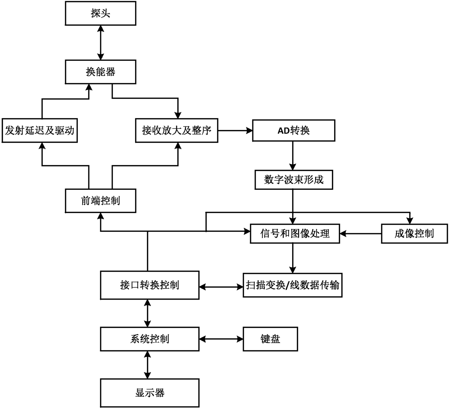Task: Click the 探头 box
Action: [x=100, y=14]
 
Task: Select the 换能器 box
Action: [x=100, y=72]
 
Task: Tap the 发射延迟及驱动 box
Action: [x=39, y=130]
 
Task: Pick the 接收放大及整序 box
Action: [x=177, y=130]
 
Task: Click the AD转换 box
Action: [x=293, y=130]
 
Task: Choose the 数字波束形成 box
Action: [x=293, y=180]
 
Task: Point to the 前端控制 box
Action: [x=100, y=200]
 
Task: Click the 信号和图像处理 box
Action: [x=295, y=233]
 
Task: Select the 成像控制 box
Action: [x=414, y=233]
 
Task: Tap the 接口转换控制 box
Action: [x=150, y=285]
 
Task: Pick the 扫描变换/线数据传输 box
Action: [x=293, y=285]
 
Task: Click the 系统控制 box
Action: [x=150, y=339]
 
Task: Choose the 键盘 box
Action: [x=270, y=339]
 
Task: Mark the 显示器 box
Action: [x=150, y=393]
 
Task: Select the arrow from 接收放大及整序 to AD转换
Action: [x=235, y=130]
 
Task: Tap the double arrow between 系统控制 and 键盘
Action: [x=221, y=339]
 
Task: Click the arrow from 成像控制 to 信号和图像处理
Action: [x=360, y=234]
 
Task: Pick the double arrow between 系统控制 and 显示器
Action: [x=147, y=365]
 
